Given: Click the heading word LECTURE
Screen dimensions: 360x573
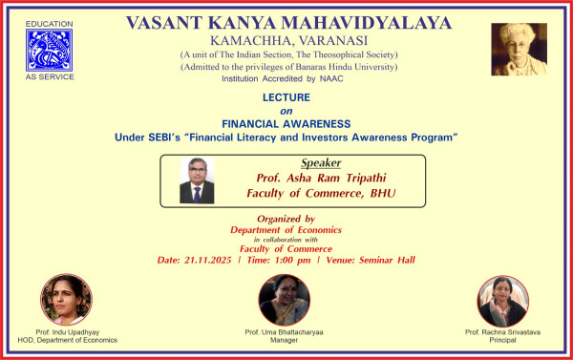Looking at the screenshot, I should coord(287,97).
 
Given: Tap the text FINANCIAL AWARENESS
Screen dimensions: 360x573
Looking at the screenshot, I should coord(287,124).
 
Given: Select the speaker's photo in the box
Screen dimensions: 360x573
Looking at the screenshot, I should coord(197,180).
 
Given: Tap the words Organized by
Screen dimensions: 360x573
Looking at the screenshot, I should coord(287,219).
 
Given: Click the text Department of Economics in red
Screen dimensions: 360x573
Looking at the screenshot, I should coord(287,229).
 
